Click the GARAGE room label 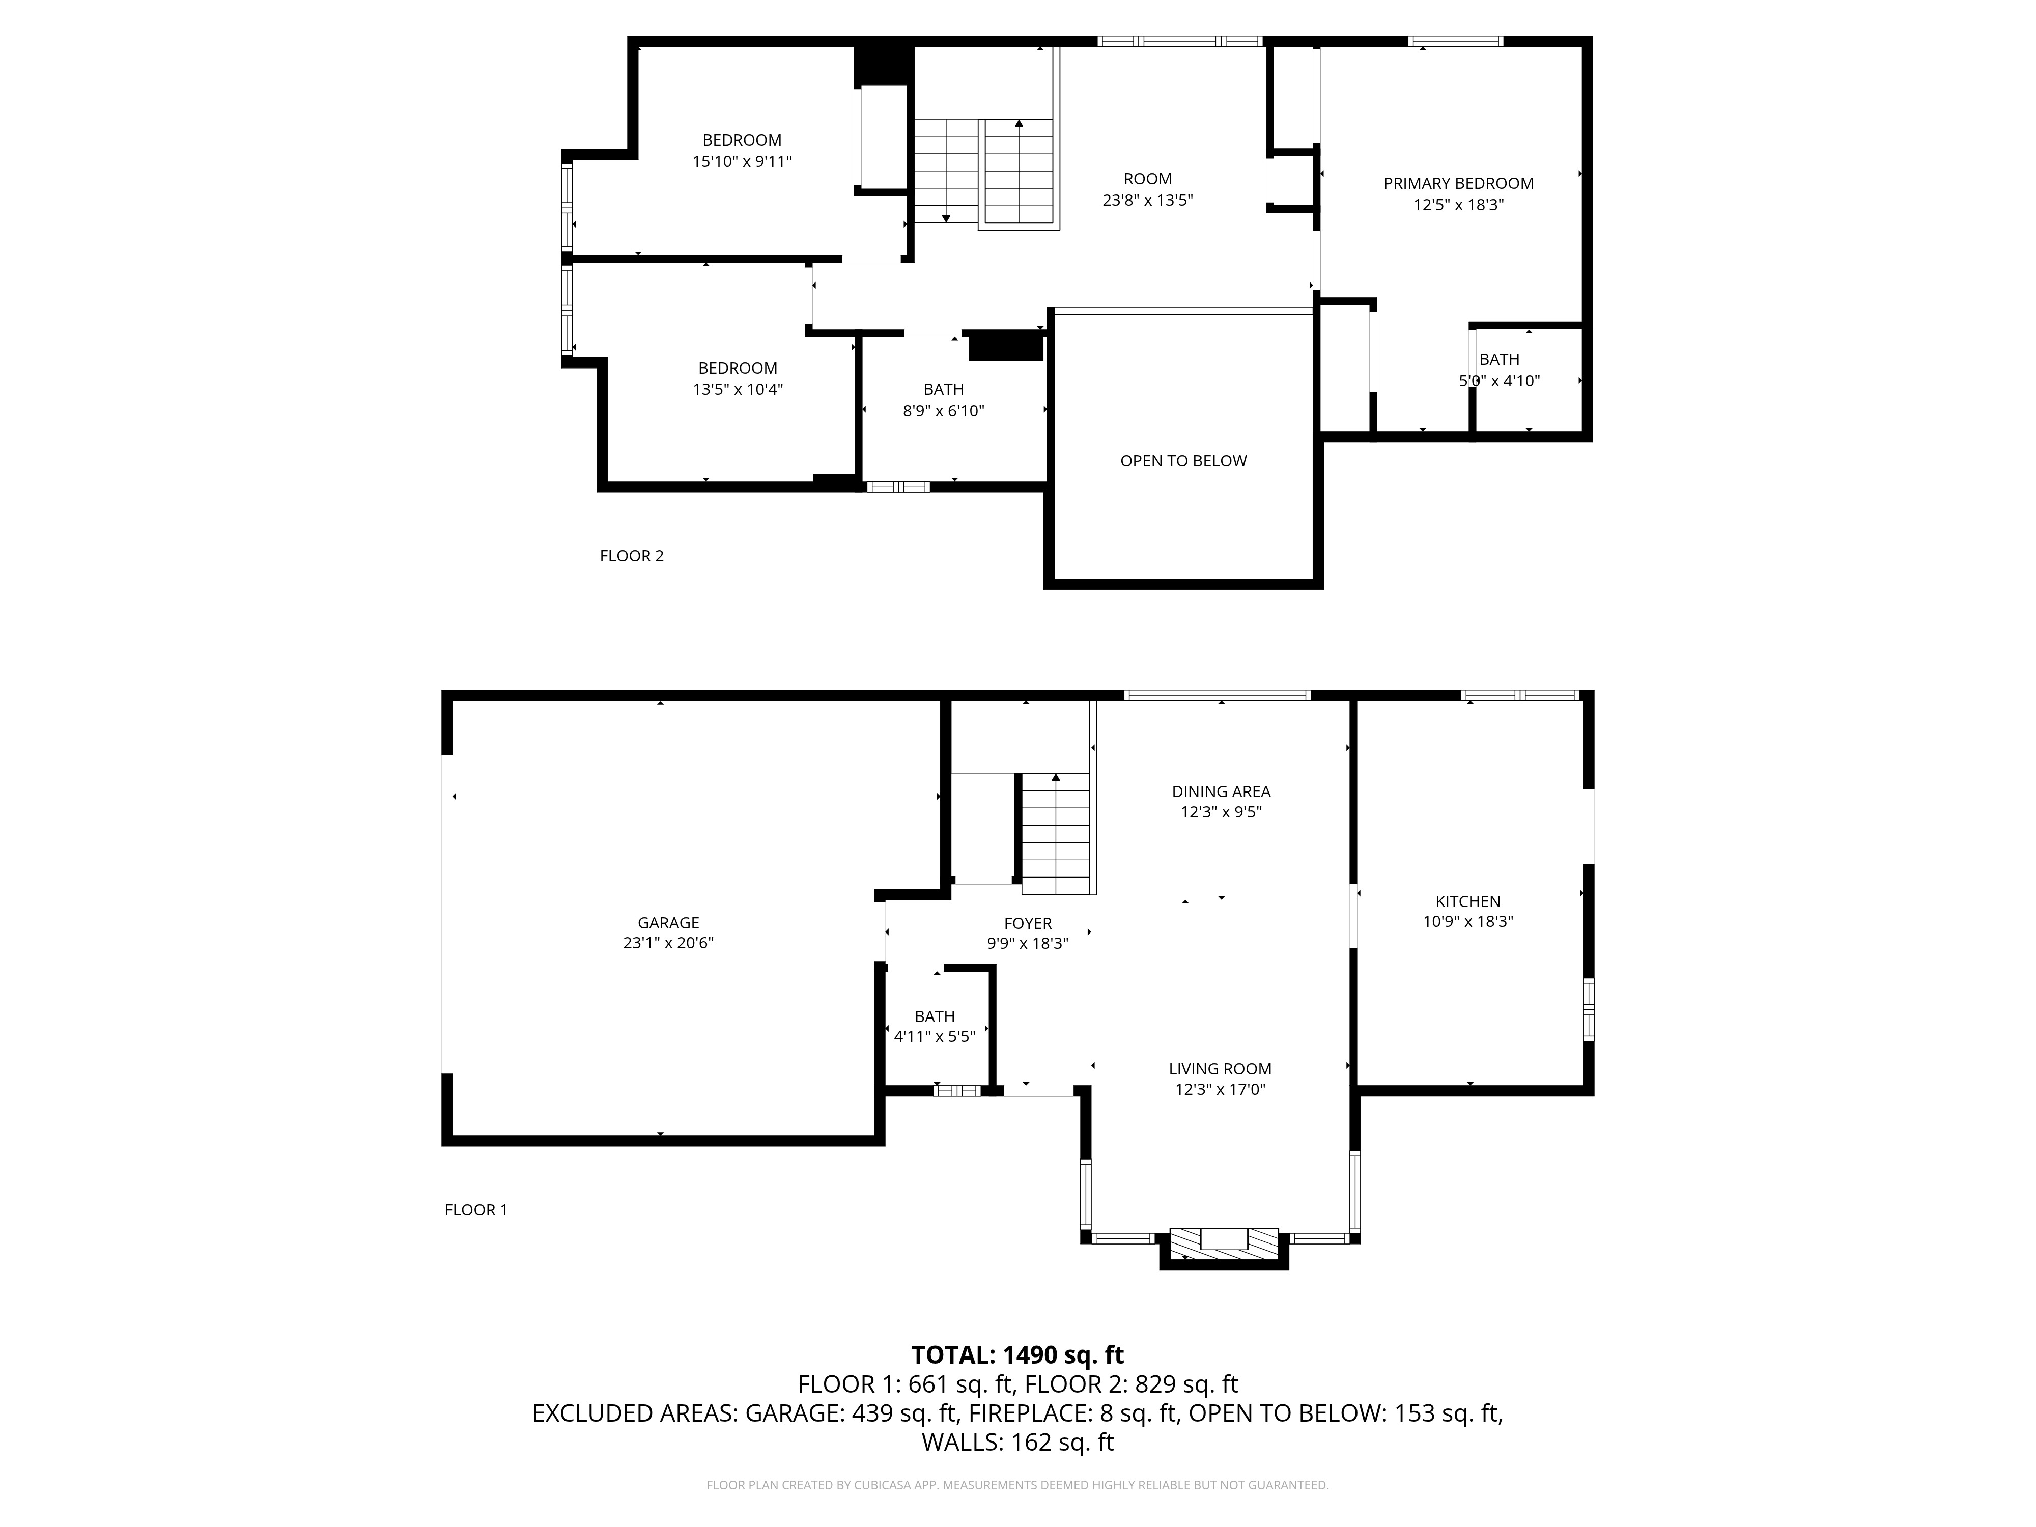pos(668,922)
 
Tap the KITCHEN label pos(1468,901)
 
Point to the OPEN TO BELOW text pos(1183,460)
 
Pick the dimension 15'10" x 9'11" pos(742,161)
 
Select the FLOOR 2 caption pos(632,556)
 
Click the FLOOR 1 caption pos(476,1209)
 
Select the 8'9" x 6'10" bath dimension pos(944,411)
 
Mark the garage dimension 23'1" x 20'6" pos(668,943)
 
